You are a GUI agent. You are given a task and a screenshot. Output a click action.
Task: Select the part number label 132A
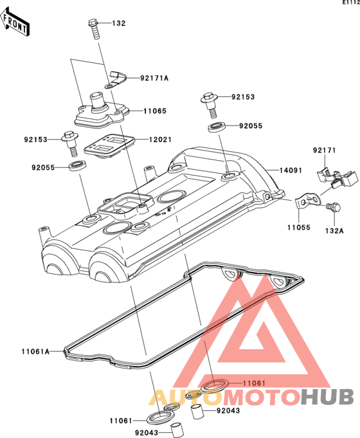334,231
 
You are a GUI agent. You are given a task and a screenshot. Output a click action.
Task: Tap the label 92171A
154,78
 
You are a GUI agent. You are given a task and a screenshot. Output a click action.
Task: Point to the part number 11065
155,111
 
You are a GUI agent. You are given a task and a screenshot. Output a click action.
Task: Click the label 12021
160,140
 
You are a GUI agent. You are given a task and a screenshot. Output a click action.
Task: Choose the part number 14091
291,170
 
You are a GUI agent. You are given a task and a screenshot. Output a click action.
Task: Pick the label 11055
299,228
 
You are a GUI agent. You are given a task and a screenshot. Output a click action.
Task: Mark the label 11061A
35,351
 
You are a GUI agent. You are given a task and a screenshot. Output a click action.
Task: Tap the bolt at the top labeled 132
94,29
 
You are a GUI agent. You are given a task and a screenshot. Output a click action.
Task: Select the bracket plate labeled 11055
308,201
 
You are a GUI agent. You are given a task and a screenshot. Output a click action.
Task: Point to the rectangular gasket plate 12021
109,145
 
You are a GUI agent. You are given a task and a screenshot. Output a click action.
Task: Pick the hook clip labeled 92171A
116,80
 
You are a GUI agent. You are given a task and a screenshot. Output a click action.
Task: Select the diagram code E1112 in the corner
352,3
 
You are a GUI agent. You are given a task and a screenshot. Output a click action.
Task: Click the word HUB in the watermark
327,397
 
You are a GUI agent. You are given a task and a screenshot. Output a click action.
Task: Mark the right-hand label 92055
251,126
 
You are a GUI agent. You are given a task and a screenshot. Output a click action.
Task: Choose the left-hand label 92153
36,140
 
